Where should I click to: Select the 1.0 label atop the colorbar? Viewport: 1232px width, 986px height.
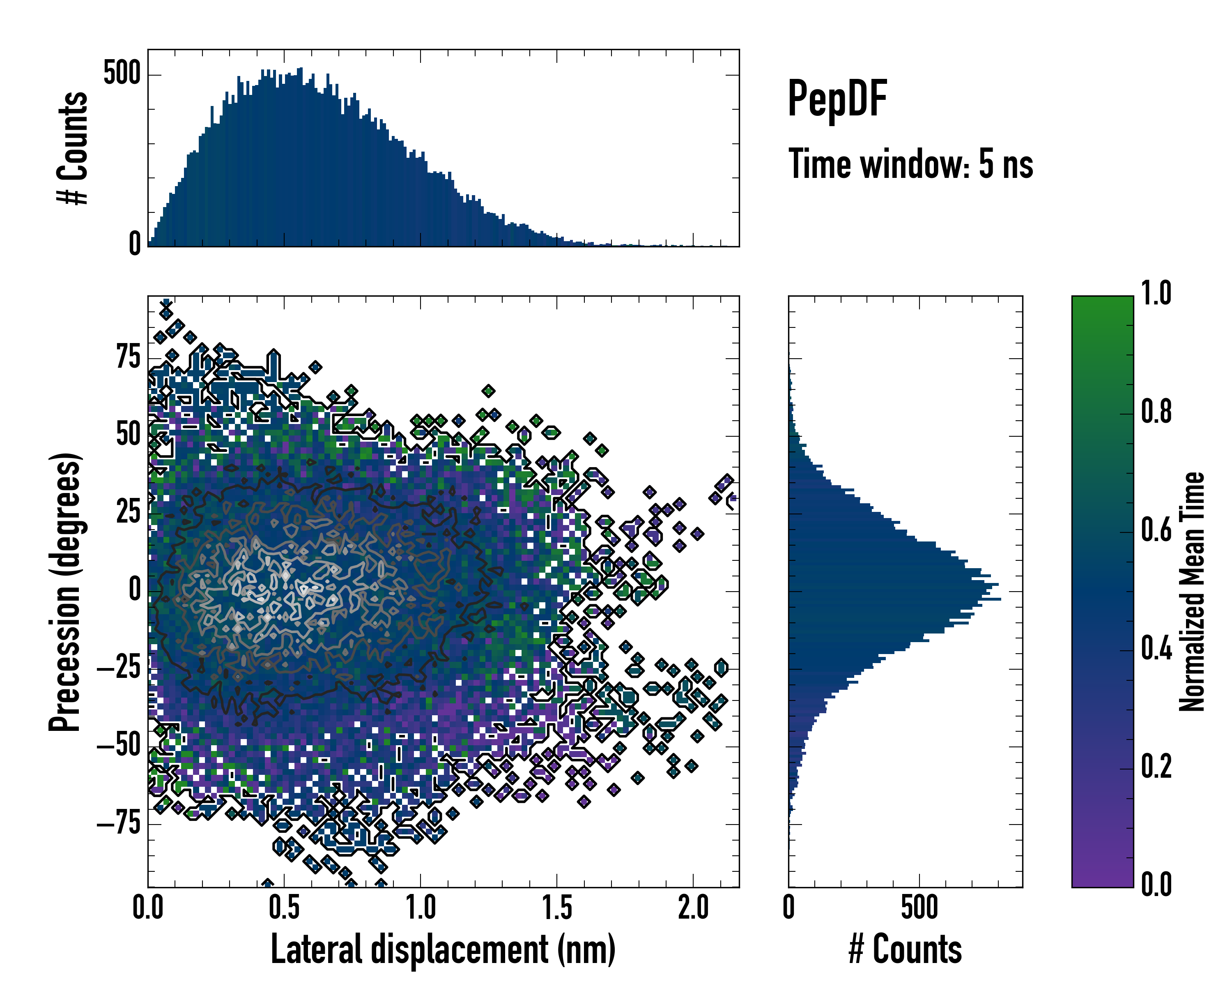1156,294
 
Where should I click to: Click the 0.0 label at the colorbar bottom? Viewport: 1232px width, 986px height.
1156,885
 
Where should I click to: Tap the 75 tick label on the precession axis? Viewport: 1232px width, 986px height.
128,358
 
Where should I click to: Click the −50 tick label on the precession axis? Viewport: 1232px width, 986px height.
118,746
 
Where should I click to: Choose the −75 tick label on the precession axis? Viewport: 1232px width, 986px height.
118,824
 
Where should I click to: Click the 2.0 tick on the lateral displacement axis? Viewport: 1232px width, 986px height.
693,908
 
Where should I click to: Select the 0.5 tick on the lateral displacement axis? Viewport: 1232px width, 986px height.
284,908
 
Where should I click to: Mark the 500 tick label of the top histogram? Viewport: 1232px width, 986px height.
122,74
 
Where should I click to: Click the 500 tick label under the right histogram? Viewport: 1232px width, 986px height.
919,908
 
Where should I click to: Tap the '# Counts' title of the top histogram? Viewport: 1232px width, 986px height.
73,148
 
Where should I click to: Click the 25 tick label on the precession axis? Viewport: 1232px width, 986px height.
128,512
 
